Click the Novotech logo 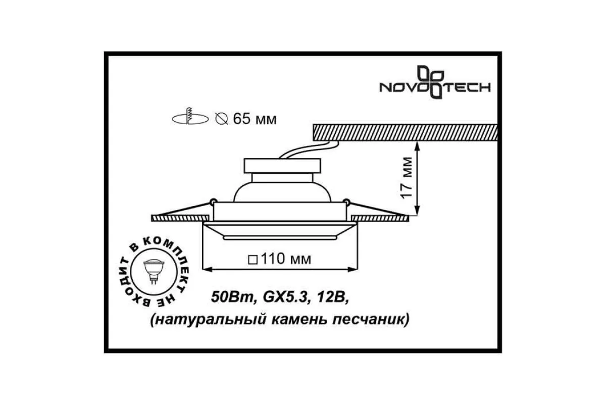[435, 82]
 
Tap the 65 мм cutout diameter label [255, 119]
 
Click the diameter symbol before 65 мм [222, 119]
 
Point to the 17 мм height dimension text [407, 178]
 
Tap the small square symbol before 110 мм [252, 260]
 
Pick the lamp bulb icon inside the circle [154, 271]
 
